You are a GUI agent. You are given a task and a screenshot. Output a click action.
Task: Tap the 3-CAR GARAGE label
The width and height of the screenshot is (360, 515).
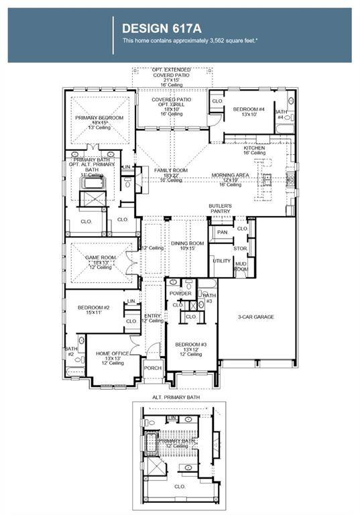point(255,317)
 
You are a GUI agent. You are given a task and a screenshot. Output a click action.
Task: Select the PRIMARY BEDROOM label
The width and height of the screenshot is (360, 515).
point(101,117)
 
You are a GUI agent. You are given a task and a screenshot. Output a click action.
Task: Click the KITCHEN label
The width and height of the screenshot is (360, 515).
point(254,148)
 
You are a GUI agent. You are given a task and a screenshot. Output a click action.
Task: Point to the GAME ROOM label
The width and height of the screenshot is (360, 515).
point(101,257)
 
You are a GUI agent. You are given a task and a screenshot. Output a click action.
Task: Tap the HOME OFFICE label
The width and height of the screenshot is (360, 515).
point(112,353)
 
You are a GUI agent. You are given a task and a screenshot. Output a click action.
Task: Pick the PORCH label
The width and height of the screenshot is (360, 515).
point(154,368)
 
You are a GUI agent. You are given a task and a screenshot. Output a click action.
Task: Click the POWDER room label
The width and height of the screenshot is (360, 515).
point(180,294)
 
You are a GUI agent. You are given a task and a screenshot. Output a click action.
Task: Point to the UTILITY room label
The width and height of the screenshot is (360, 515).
point(221,260)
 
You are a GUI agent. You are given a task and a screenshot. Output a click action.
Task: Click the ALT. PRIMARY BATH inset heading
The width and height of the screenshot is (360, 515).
point(177,397)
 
